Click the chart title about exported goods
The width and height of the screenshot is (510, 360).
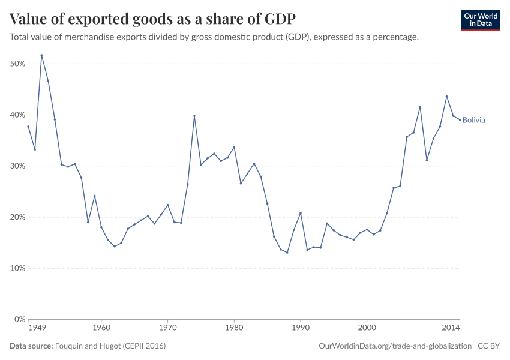point(152,18)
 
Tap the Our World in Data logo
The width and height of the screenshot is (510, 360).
point(481,20)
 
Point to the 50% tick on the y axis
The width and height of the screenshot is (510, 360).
point(17,64)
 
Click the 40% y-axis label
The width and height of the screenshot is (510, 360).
point(17,115)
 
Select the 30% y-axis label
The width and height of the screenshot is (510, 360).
point(17,166)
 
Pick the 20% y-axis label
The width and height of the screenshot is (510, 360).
point(17,217)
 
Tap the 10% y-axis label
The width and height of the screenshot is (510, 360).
point(17,268)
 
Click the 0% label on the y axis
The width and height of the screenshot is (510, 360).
point(19,319)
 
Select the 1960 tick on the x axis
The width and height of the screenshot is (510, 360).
point(101,329)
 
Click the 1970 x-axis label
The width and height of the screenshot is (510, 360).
point(167,329)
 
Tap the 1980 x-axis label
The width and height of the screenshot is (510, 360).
point(234,329)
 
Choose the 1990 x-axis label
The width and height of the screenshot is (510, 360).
point(300,329)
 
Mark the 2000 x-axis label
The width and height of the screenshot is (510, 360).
point(367,329)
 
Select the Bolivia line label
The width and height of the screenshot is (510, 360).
point(473,120)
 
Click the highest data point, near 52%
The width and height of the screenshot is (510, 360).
point(41,55)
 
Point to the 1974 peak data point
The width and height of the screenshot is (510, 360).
point(194,116)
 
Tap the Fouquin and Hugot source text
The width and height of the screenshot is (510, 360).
point(110,346)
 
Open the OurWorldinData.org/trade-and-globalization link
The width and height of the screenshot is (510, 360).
point(396,346)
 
